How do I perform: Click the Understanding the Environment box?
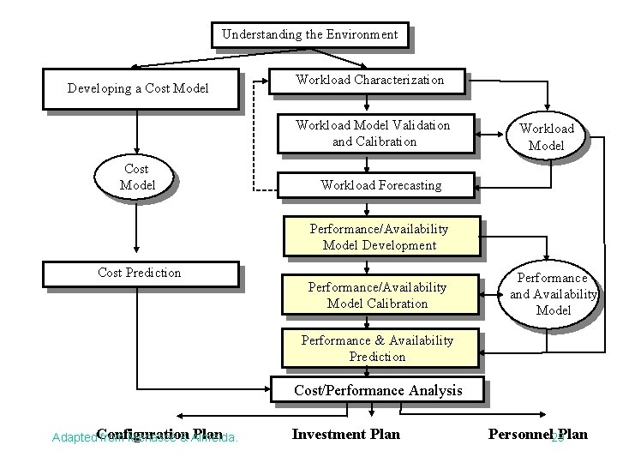click(309, 35)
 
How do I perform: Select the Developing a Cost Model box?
click(138, 89)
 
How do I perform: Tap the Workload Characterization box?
click(369, 80)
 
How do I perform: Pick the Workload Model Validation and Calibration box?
click(373, 133)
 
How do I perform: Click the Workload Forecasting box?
click(380, 184)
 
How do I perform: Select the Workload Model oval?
click(546, 137)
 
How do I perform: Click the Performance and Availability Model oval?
click(553, 294)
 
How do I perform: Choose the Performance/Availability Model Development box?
click(379, 237)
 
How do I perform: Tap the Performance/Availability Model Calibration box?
click(378, 295)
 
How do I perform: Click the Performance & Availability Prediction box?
click(377, 348)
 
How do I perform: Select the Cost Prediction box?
click(140, 273)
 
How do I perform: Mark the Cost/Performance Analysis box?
click(378, 390)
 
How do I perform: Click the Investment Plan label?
click(345, 434)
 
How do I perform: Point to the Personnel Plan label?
click(537, 434)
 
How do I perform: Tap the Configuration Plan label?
click(159, 434)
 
